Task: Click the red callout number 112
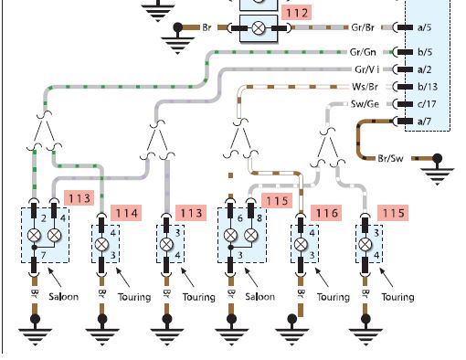click(297, 13)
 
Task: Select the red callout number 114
click(126, 213)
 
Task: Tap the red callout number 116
click(326, 213)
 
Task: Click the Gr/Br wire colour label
click(363, 27)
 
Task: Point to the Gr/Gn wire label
click(363, 52)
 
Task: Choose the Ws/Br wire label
click(365, 87)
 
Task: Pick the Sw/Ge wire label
click(365, 104)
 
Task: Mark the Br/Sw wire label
click(390, 158)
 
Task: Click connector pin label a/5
click(424, 27)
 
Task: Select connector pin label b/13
click(428, 87)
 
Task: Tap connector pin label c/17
click(427, 104)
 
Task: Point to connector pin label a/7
click(424, 122)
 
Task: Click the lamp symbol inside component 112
click(259, 28)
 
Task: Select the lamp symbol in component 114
click(102, 244)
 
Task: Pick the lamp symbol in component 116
click(301, 244)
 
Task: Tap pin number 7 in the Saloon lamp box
click(43, 255)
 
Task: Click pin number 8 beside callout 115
click(259, 218)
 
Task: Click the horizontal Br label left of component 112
click(207, 27)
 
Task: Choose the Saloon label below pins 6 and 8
click(259, 296)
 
